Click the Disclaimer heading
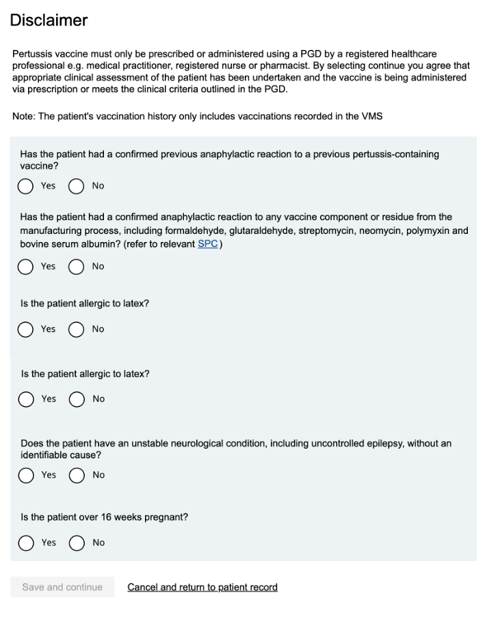pyautogui.click(x=49, y=21)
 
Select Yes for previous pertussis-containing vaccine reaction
pyautogui.click(x=26, y=186)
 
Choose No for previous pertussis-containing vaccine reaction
pyautogui.click(x=77, y=186)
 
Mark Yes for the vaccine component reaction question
pyautogui.click(x=26, y=267)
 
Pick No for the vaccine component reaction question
pyautogui.click(x=77, y=267)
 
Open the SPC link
pyautogui.click(x=207, y=244)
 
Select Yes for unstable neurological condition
pyautogui.click(x=26, y=475)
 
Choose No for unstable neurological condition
pyautogui.click(x=77, y=475)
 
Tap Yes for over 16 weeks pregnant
pyautogui.click(x=26, y=543)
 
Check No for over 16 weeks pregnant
pyautogui.click(x=77, y=543)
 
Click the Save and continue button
pyautogui.click(x=62, y=587)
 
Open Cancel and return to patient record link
pyautogui.click(x=202, y=587)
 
